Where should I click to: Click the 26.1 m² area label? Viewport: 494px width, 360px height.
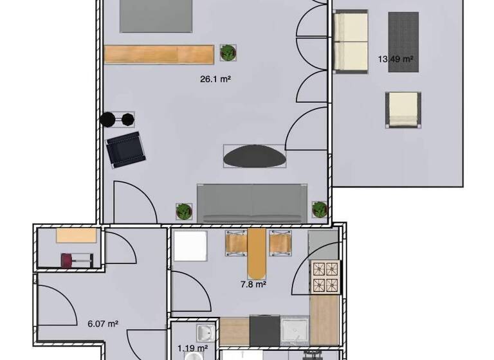[x=216, y=80]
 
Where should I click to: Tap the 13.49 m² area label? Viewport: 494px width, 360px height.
[x=396, y=60]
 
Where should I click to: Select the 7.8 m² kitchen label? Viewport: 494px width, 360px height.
[x=253, y=283]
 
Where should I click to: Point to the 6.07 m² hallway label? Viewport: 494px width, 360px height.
[x=102, y=324]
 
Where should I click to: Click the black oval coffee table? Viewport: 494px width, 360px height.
[x=255, y=156]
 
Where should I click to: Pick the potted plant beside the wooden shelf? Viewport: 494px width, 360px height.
[x=227, y=53]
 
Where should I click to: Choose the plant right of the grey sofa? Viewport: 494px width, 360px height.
[x=320, y=209]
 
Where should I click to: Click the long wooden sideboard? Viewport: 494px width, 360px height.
[x=158, y=53]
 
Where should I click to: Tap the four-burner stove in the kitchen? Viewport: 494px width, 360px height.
[x=325, y=276]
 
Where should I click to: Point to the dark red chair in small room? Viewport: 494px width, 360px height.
[x=68, y=260]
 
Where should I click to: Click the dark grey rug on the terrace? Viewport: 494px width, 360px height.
[x=403, y=33]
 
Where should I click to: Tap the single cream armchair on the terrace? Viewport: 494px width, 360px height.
[x=403, y=109]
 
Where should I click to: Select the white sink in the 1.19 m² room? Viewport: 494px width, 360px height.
[x=205, y=333]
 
